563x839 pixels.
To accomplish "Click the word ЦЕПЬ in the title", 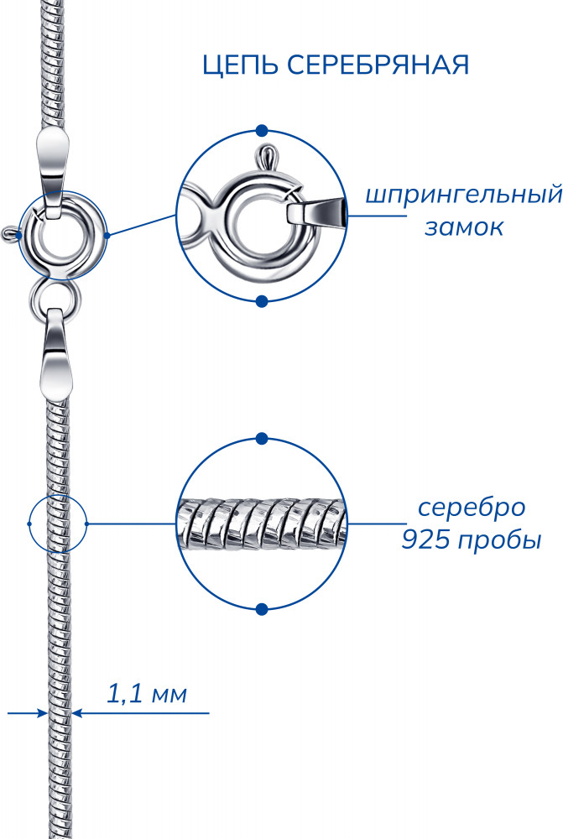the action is (x=240, y=65).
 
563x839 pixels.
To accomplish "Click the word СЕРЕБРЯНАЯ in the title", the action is (x=378, y=65).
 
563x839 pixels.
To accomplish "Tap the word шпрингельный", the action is (x=463, y=195).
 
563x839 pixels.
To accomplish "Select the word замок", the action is (x=464, y=227).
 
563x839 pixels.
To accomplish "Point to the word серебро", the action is (x=472, y=508).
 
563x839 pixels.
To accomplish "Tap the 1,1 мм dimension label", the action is (x=147, y=694).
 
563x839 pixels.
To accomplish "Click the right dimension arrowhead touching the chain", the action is (x=77, y=712).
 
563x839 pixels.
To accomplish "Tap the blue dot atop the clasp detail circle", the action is (x=262, y=131).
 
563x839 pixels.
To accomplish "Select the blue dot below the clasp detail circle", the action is (x=262, y=302).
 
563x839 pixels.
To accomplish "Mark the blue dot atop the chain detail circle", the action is (x=262, y=439).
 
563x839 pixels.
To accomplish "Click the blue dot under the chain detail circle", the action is (x=262, y=609).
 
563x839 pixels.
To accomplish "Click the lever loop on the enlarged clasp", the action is (x=267, y=157).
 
